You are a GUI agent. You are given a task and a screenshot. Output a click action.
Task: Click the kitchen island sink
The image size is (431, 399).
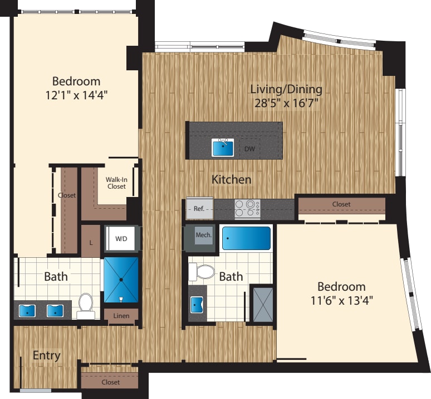click(223, 148)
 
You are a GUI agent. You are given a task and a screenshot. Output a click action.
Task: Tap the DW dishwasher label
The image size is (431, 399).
click(250, 149)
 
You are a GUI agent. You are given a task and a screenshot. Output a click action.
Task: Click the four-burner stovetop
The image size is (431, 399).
click(247, 209)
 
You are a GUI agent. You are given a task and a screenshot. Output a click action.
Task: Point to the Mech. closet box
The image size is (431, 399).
click(203, 235)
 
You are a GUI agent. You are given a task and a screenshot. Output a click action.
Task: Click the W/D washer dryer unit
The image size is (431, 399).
click(121, 239)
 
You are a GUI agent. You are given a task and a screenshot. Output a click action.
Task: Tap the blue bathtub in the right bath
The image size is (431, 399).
click(246, 238)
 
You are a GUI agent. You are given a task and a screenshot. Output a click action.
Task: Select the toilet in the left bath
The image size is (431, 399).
click(86, 305)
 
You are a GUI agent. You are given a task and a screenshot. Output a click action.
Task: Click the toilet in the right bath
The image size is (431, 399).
click(203, 272)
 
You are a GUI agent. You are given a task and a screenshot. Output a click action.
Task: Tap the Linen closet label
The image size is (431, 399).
click(121, 316)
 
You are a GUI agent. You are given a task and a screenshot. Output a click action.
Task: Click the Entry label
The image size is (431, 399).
click(46, 355)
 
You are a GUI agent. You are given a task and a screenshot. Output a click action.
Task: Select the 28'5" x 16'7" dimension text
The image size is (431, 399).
click(286, 102)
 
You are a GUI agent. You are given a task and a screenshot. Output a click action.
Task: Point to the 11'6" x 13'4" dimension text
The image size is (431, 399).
click(341, 300)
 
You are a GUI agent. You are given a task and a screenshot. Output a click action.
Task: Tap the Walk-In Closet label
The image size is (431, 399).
click(116, 182)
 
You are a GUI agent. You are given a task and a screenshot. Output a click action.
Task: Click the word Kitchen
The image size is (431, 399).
click(231, 180)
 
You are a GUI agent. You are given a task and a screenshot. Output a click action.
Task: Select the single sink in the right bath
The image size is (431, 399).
click(197, 304)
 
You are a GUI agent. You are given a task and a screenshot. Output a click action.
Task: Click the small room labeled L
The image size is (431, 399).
click(90, 242)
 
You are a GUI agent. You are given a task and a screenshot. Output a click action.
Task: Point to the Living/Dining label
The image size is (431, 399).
click(286, 89)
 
